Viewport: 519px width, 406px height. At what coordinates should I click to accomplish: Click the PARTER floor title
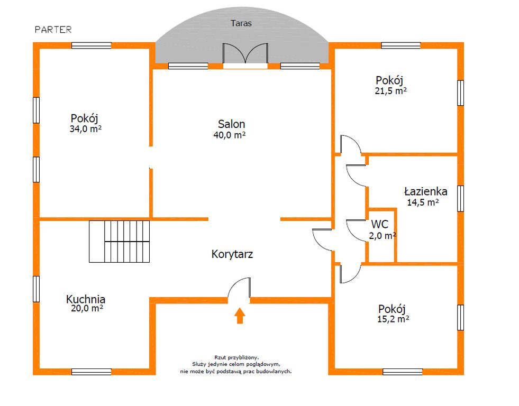coord(53,30)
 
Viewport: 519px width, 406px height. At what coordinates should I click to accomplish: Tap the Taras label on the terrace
coord(241,23)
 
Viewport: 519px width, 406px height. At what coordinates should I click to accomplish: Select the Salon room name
coord(231,124)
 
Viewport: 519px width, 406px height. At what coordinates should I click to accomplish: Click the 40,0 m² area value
coord(230,135)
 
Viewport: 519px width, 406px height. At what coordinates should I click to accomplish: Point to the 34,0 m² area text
coord(85,128)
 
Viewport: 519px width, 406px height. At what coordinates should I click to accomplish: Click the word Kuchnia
coord(86,299)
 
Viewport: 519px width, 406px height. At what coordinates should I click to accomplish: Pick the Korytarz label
coord(232,254)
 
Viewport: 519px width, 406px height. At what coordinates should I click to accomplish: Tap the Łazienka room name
coord(426,191)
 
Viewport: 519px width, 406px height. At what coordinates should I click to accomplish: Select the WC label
coord(379,224)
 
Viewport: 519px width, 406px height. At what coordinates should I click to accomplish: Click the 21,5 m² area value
coord(390,90)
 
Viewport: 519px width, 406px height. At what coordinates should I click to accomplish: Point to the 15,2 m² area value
coord(393,319)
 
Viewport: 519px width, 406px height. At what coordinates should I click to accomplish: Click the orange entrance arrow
coord(240,316)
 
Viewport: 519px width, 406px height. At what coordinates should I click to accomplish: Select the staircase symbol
coord(119,242)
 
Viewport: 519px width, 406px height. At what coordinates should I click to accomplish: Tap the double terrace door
coord(245,53)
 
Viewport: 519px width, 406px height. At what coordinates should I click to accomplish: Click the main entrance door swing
coord(239,288)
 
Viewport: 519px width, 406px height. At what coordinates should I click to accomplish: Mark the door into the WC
coord(356,230)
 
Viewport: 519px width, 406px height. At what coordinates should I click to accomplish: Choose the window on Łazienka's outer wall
coord(460,198)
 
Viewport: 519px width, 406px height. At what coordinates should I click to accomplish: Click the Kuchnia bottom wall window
coord(92,372)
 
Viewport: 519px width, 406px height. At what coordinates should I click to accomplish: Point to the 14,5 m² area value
coord(423,202)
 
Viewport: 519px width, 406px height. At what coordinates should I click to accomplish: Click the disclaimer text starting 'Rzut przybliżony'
coord(236,364)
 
